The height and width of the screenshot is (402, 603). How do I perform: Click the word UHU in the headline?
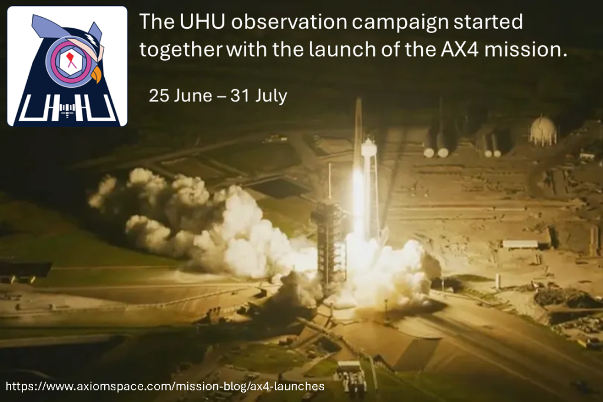click(203, 22)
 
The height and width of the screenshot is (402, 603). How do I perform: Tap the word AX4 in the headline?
click(460, 49)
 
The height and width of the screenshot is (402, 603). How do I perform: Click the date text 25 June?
click(180, 96)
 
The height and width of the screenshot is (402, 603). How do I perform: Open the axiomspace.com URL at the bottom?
click(165, 386)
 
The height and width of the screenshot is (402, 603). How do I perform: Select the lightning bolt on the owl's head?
click(92, 38)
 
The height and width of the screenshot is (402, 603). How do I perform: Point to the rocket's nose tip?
click(359, 99)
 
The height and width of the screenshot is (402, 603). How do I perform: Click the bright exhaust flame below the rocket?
click(358, 200)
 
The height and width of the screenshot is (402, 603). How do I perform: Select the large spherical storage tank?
click(543, 130)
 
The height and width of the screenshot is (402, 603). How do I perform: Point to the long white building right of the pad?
click(520, 244)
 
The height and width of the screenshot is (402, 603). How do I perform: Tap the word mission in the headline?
click(526, 49)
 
